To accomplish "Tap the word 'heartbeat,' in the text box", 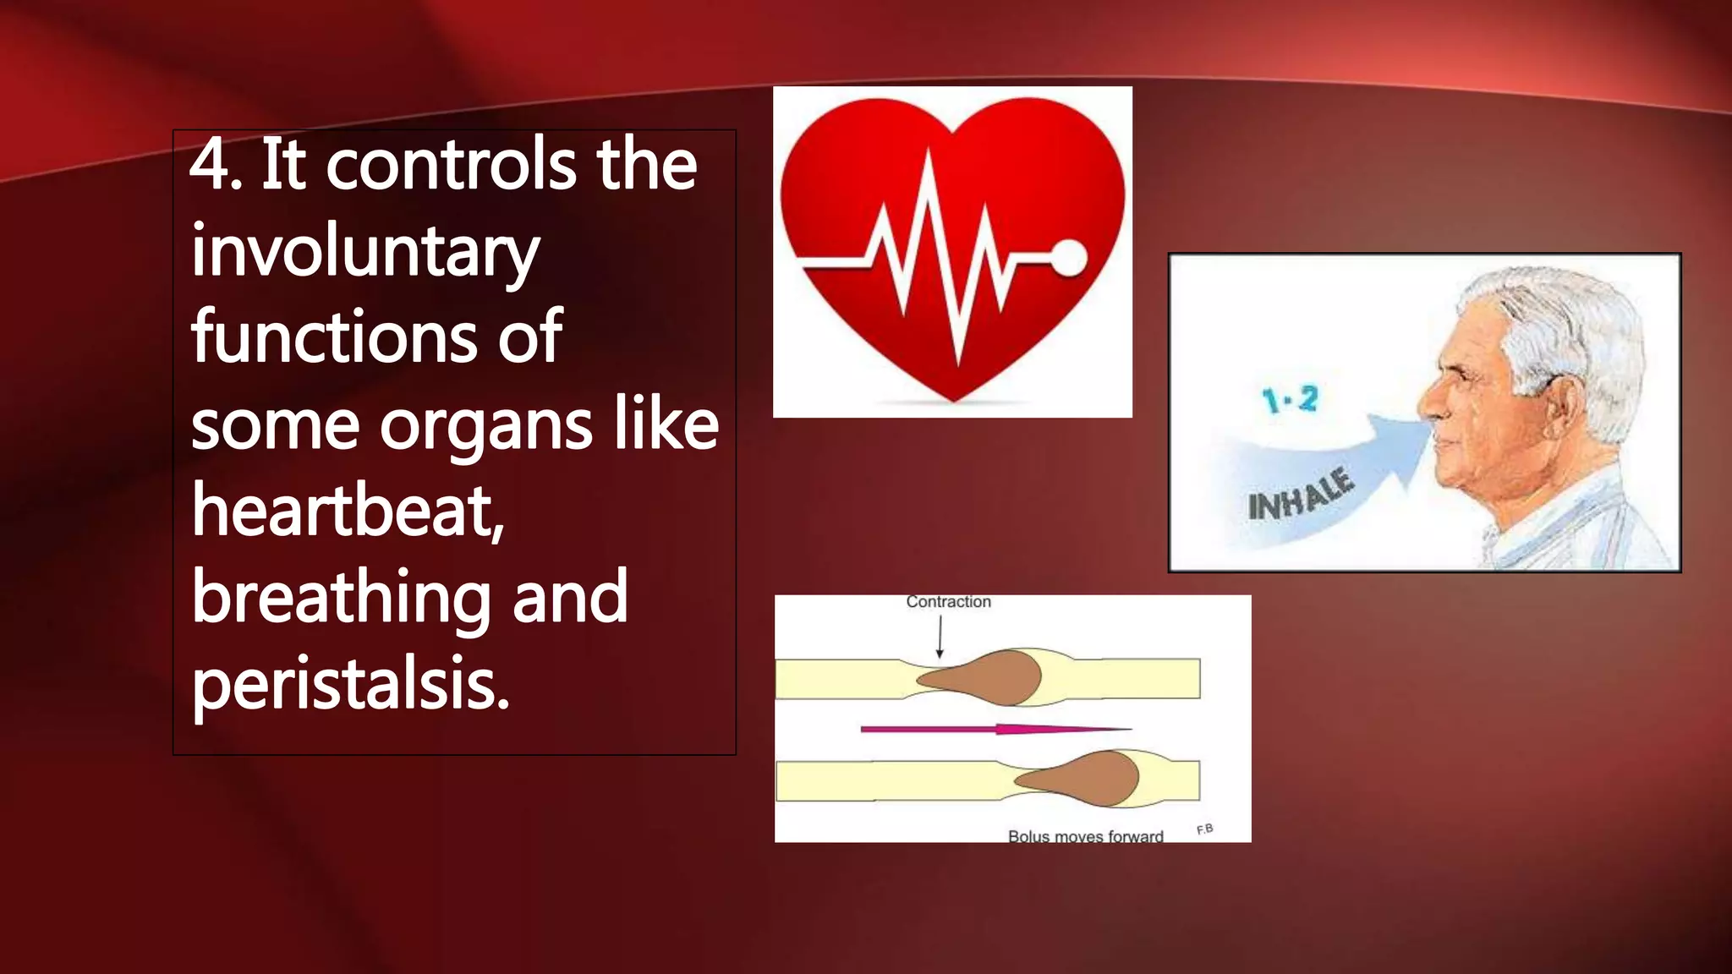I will tap(348, 511).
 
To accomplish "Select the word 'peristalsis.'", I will tap(351, 684).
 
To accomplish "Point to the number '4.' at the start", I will tap(216, 165).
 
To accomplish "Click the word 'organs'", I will tap(486, 425).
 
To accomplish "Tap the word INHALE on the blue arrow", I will tap(1301, 495).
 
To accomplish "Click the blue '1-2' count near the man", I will tap(1290, 398).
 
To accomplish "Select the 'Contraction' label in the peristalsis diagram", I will tap(948, 602).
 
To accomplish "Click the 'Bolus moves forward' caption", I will tap(1085, 836).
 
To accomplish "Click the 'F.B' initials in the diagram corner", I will tap(1205, 829).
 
